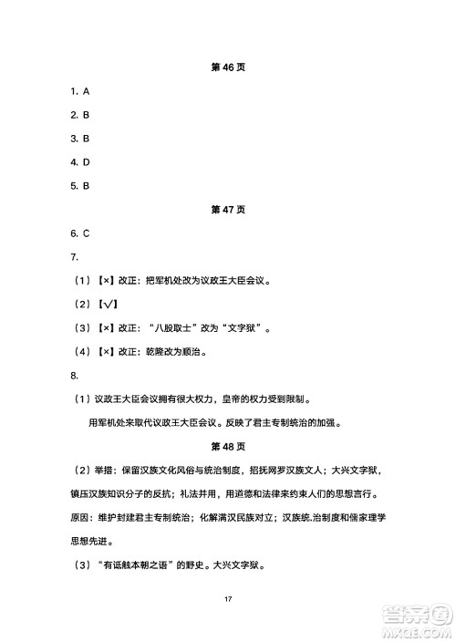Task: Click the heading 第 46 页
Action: (x=228, y=67)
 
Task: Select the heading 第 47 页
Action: (x=228, y=209)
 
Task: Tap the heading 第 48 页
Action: (x=228, y=446)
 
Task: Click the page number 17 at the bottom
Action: (x=228, y=598)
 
